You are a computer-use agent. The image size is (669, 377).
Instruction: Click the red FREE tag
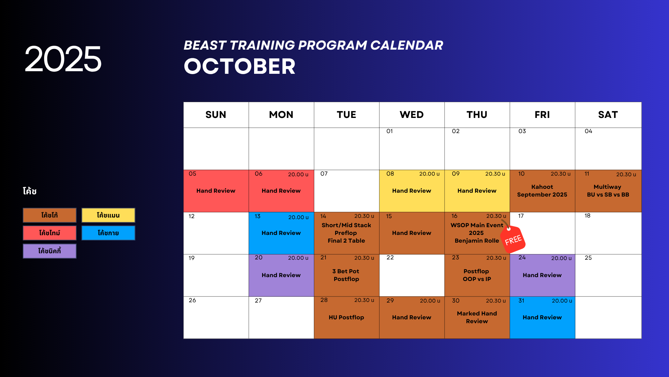click(513, 239)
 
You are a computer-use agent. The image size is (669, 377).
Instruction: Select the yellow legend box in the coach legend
click(108, 215)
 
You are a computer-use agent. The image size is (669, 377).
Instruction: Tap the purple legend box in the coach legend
click(50, 251)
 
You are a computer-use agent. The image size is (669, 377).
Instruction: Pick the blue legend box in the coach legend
click(108, 233)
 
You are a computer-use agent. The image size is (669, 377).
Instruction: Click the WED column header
click(412, 115)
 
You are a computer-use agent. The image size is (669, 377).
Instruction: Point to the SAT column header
click(608, 115)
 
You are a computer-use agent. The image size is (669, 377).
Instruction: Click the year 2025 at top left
click(63, 59)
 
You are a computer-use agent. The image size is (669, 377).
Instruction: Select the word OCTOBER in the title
click(240, 66)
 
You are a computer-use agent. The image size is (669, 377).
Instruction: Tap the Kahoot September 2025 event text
click(542, 191)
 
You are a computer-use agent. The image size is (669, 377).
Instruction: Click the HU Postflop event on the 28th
click(346, 317)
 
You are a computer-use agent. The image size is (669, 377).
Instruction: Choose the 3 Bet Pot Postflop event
click(346, 275)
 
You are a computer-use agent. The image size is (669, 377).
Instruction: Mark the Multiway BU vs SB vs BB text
click(608, 191)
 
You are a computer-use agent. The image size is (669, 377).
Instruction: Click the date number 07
click(324, 174)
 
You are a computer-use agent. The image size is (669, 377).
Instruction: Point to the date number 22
click(390, 257)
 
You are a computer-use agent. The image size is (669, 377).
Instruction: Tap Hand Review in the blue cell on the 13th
click(281, 233)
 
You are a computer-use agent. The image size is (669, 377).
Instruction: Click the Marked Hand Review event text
click(477, 317)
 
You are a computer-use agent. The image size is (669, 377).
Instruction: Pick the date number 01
click(389, 131)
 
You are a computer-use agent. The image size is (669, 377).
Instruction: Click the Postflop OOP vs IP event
click(477, 275)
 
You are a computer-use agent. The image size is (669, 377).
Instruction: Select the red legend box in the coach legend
click(50, 233)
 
